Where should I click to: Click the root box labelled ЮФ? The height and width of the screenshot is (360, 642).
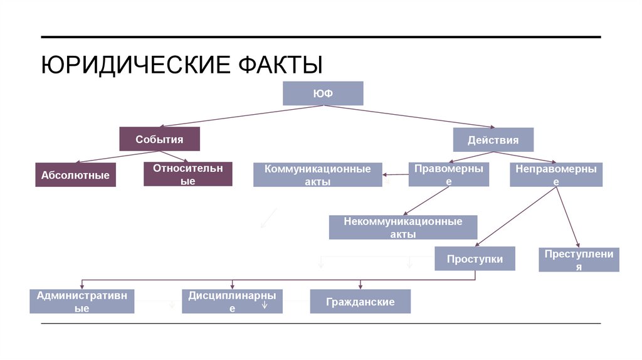pyautogui.click(x=323, y=93)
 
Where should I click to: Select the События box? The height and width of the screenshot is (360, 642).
pyautogui.click(x=159, y=139)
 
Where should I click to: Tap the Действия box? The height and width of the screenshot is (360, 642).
pyautogui.click(x=493, y=140)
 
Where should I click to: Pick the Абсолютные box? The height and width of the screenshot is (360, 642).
pyautogui.click(x=75, y=175)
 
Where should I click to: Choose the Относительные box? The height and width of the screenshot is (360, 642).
pyautogui.click(x=188, y=174)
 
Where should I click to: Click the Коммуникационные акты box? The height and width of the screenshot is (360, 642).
pyautogui.click(x=317, y=175)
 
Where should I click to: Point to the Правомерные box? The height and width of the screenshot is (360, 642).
pyautogui.click(x=448, y=174)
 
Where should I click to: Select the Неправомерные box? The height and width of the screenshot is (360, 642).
pyautogui.click(x=555, y=174)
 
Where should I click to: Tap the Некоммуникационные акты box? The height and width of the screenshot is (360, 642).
pyautogui.click(x=403, y=228)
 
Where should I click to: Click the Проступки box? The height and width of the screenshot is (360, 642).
pyautogui.click(x=475, y=258)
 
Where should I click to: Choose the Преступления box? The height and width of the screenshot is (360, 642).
pyautogui.click(x=579, y=260)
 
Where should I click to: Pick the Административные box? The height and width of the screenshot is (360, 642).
pyautogui.click(x=82, y=301)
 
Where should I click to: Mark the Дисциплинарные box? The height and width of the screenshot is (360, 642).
pyautogui.click(x=232, y=301)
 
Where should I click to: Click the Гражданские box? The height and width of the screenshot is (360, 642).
pyautogui.click(x=360, y=302)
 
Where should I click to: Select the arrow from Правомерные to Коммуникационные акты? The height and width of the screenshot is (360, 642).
pyautogui.click(x=396, y=174)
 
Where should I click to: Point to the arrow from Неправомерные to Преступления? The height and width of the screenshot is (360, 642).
pyautogui.click(x=567, y=217)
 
